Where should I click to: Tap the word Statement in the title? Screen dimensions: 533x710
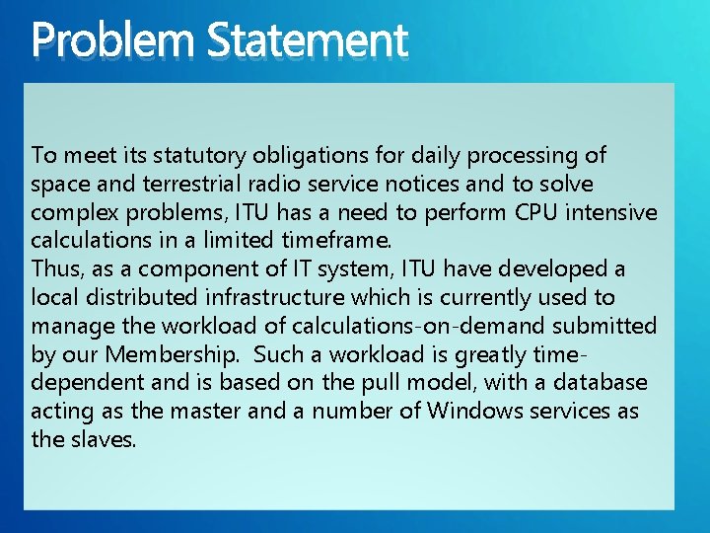pos(307,41)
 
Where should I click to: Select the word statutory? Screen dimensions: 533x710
pos(204,156)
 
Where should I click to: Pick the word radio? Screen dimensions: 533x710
pos(258,185)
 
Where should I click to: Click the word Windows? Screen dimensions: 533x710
pos(469,411)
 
